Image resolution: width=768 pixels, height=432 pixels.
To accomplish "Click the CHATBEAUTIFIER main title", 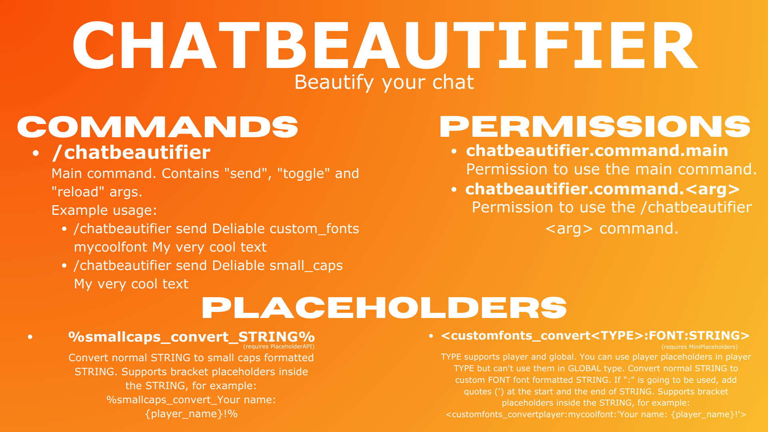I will click(x=384, y=46).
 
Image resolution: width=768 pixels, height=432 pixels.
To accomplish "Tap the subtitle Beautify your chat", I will click(x=384, y=82).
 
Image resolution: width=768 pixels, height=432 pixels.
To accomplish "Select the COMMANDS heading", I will click(x=158, y=127).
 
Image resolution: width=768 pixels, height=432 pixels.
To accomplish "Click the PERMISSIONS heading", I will click(x=595, y=127).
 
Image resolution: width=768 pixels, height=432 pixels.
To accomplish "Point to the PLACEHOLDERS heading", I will click(x=384, y=308).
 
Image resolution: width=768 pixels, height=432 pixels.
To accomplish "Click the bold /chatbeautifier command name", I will click(x=131, y=152).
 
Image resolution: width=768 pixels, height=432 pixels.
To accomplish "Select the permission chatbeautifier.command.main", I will click(x=597, y=151).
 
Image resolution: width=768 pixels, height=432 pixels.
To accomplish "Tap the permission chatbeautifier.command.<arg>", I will click(x=602, y=189).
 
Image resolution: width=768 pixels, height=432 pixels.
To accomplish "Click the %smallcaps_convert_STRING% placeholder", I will click(x=191, y=337).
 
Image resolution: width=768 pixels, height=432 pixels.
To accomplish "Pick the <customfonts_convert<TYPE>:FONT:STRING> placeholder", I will click(x=595, y=336).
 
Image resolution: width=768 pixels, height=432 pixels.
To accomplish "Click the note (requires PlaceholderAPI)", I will click(x=279, y=347).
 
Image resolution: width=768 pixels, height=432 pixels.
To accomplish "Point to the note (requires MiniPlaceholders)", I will click(x=700, y=347).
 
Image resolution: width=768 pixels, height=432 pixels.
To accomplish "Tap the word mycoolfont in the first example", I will click(x=110, y=247).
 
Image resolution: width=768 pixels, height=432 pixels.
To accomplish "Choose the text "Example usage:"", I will click(x=104, y=210).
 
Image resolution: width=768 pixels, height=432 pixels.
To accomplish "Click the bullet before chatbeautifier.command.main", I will click(x=454, y=152).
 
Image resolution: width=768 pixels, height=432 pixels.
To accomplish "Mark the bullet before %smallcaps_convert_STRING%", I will click(x=30, y=337).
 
